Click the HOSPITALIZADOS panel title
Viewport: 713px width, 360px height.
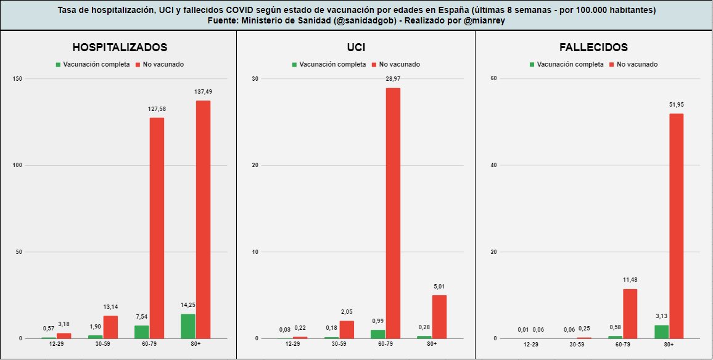pos(120,47)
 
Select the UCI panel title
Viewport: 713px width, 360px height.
pos(356,47)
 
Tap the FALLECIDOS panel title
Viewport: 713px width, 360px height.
pos(593,47)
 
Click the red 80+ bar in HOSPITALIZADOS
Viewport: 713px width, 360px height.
pos(203,219)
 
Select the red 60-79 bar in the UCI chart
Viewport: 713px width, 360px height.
pos(394,213)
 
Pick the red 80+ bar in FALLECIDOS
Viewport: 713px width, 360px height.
pos(677,226)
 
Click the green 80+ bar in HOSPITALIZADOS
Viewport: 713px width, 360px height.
pos(188,326)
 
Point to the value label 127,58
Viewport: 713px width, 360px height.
pos(157,109)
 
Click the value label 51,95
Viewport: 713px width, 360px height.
pos(677,105)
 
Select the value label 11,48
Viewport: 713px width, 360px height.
pos(630,280)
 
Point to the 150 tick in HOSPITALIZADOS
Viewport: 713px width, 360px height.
pos(18,79)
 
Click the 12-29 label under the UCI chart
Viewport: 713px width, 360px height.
pos(292,344)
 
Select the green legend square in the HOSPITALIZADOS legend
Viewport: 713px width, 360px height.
pos(58,64)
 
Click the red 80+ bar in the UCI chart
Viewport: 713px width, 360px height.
pos(440,316)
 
